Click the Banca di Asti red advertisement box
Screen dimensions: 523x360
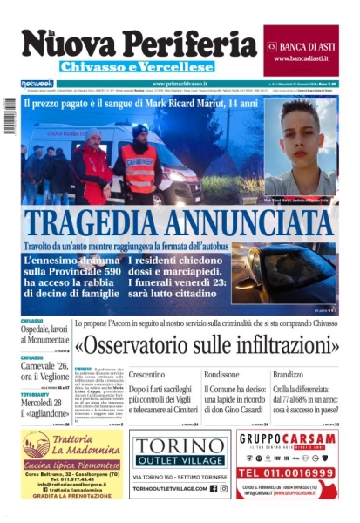[301, 51]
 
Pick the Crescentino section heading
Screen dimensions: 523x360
[153, 374]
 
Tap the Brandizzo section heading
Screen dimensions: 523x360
[290, 374]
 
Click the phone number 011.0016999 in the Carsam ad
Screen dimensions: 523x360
[288, 473]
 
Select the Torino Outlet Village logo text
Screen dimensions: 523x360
[179, 452]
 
